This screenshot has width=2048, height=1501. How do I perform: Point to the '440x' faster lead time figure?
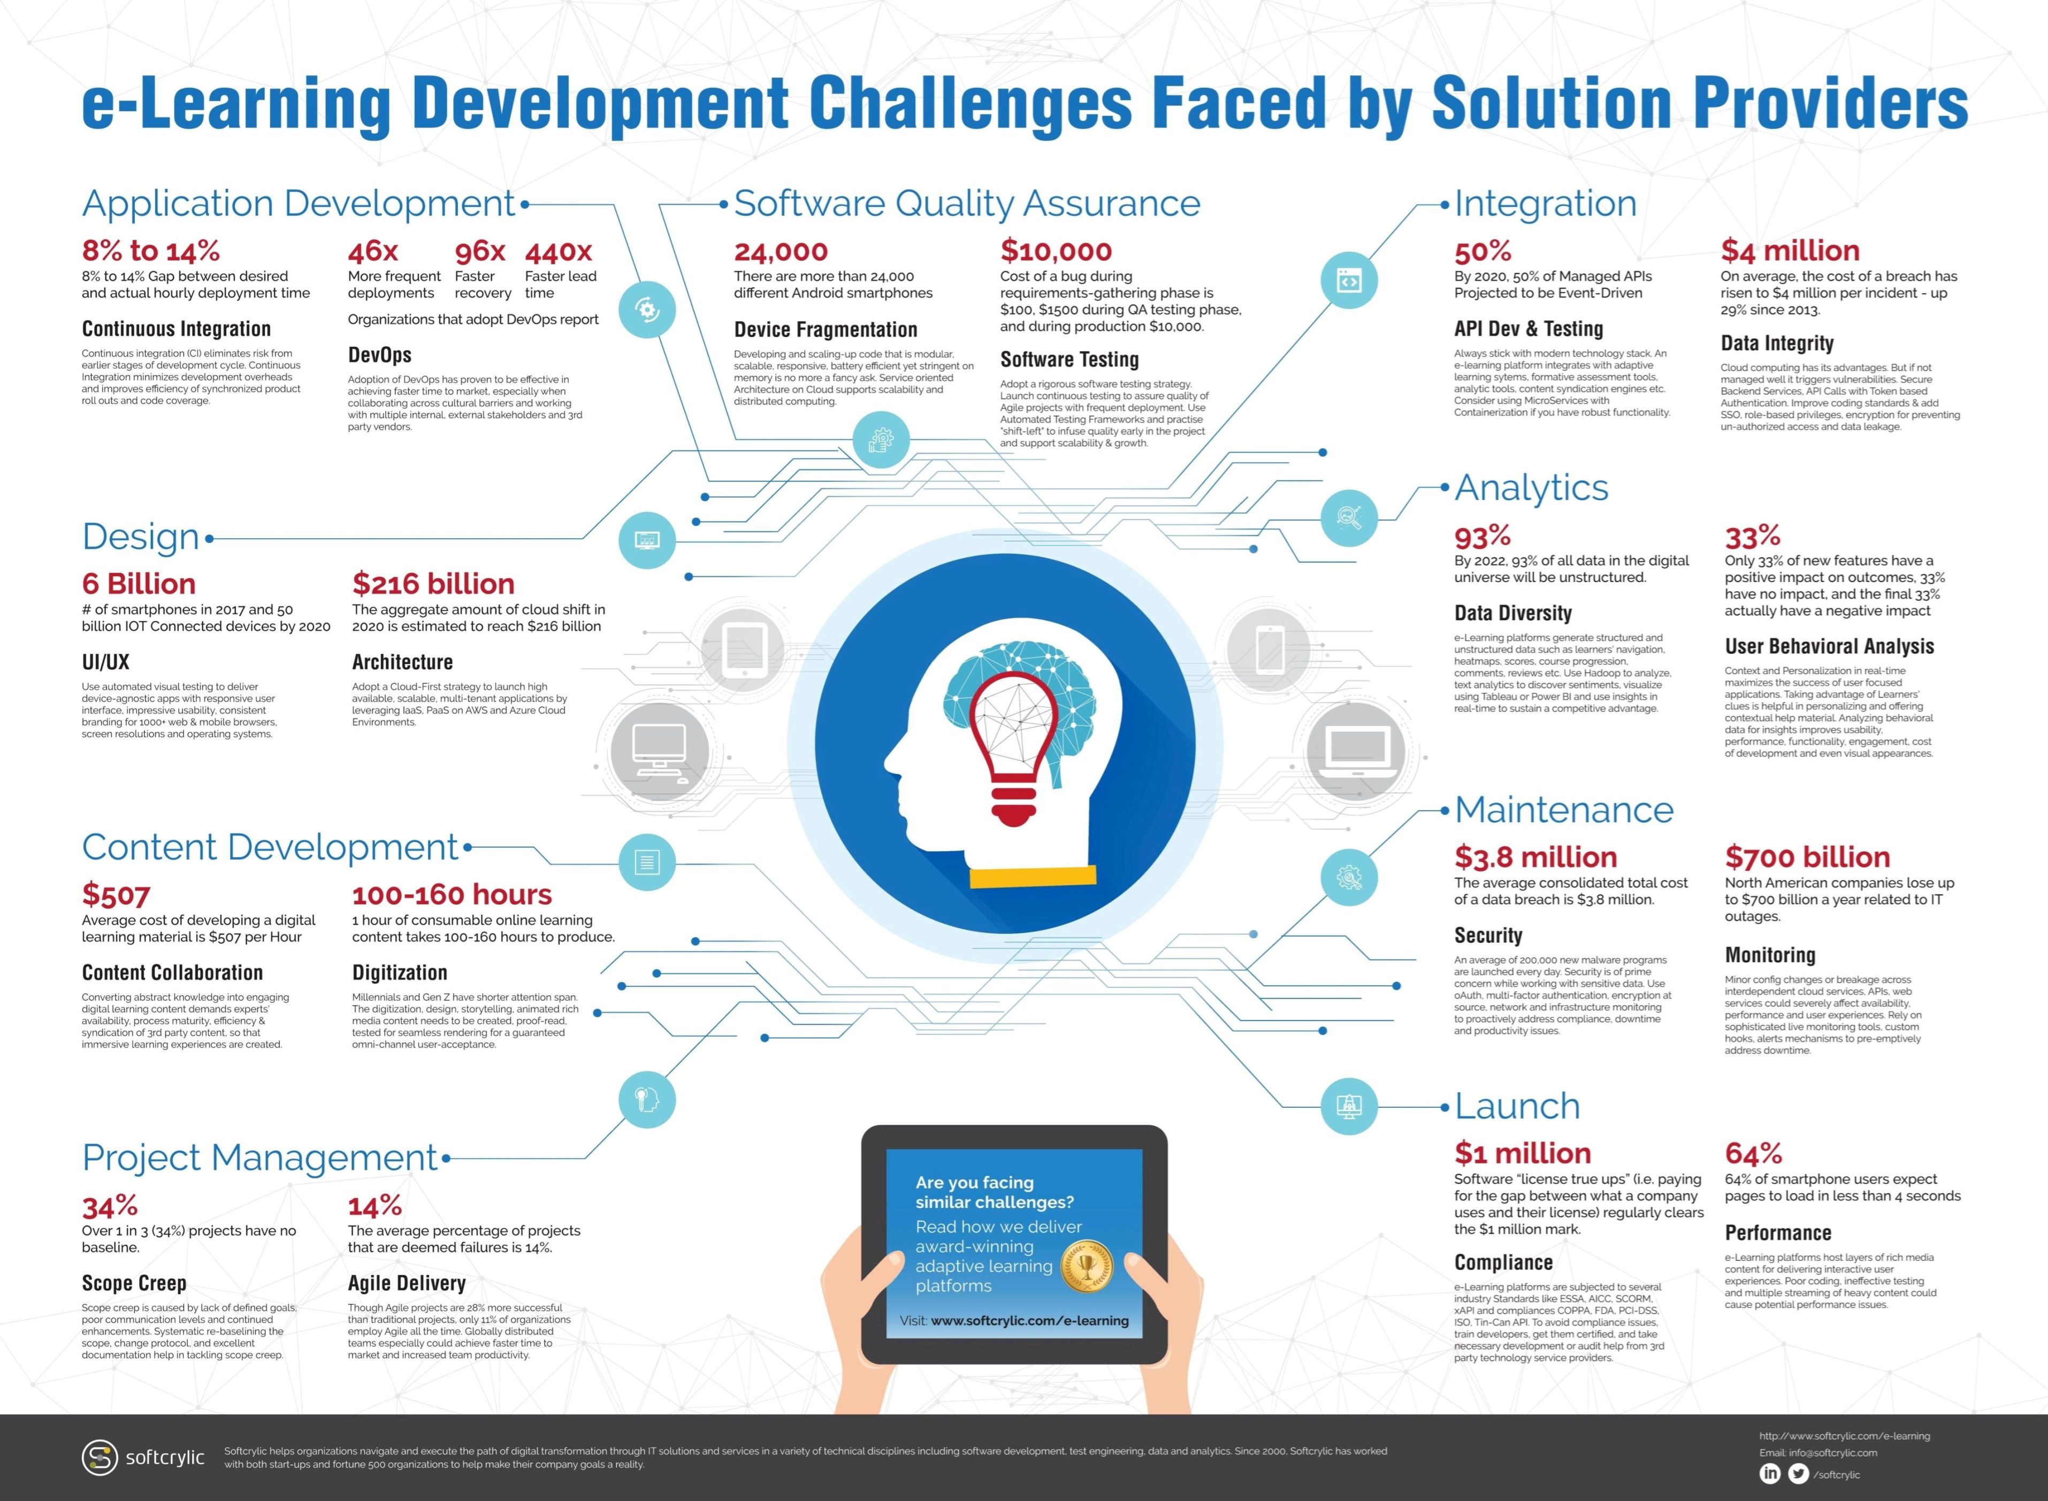point(558,251)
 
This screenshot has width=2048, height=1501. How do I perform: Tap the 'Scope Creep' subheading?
point(134,1283)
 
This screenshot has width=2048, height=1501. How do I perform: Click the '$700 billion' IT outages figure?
point(1807,857)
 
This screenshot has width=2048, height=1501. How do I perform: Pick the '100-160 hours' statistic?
point(452,895)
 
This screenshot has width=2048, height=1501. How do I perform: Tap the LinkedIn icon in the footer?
point(1770,1474)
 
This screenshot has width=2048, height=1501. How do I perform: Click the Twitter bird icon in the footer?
point(1798,1474)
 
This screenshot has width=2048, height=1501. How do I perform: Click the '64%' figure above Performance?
point(1753,1153)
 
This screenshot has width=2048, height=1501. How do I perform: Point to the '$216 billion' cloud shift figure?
point(433,583)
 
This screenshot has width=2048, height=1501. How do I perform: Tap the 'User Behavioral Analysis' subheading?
point(1829,646)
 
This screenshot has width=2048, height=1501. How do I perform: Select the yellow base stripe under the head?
point(1032,876)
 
